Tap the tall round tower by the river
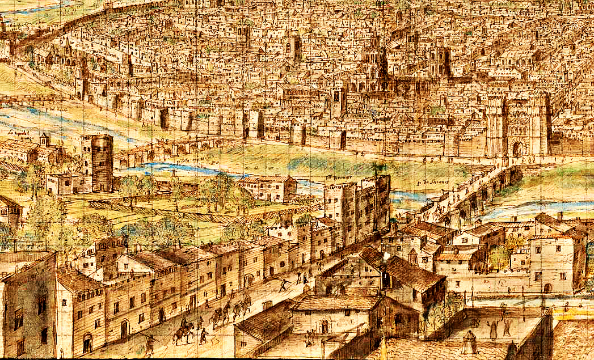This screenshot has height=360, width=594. [97, 162]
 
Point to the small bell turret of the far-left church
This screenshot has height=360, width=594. [44, 138]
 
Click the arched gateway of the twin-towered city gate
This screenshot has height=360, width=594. [518, 149]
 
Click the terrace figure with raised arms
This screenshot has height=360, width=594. [492, 327]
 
